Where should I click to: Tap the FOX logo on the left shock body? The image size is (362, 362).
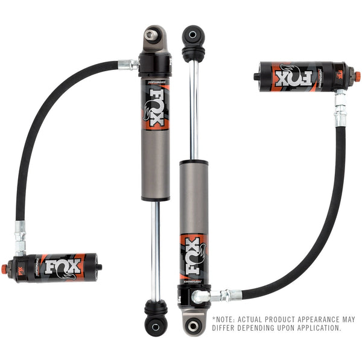[155, 109]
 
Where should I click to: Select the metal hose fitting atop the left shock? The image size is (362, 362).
[129, 63]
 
